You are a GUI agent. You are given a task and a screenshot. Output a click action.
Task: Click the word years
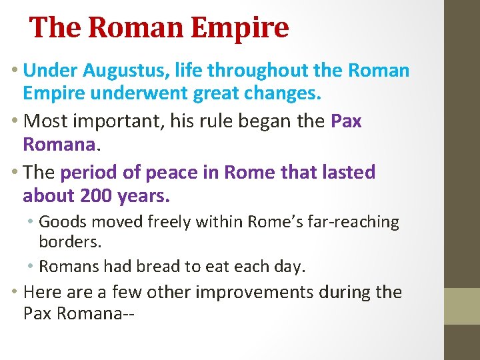point(145,197)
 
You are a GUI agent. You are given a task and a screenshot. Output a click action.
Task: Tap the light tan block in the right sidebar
point(462,306)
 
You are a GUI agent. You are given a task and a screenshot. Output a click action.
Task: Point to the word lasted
point(348,172)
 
